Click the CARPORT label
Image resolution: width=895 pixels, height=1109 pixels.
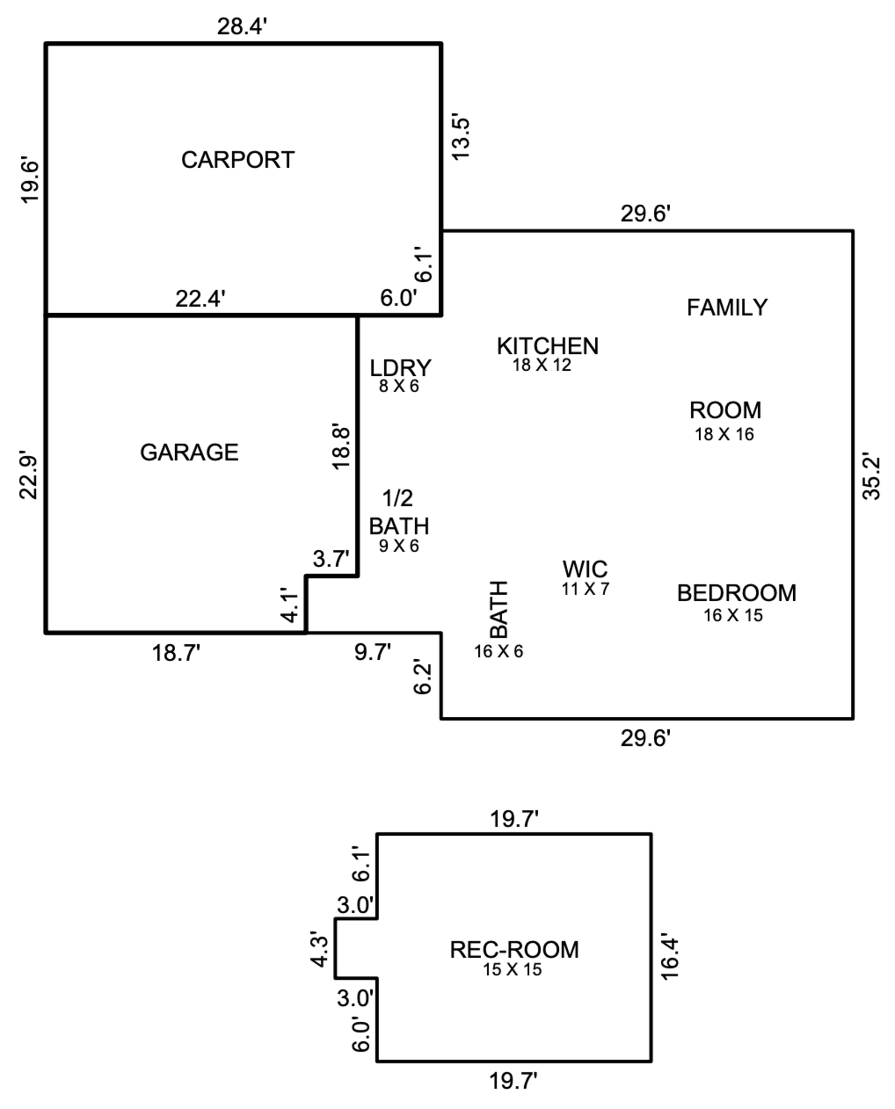(x=238, y=160)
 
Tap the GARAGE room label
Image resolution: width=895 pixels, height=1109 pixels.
(x=189, y=452)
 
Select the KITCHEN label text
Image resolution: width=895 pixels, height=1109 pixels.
(x=548, y=346)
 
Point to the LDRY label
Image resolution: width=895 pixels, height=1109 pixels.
(x=401, y=368)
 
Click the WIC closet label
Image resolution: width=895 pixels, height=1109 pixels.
(x=585, y=569)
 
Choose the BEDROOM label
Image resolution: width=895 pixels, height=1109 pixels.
(x=737, y=593)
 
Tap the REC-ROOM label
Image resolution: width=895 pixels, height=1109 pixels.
(x=514, y=950)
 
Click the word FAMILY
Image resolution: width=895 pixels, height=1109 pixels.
(x=727, y=308)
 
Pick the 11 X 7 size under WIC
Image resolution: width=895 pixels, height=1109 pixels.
(x=585, y=589)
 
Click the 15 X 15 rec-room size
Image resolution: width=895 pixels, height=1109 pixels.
(x=512, y=970)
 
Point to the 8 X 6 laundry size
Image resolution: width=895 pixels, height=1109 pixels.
(x=399, y=386)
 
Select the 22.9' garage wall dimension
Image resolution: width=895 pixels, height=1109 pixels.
(x=29, y=474)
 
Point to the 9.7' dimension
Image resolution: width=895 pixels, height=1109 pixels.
(x=373, y=652)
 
